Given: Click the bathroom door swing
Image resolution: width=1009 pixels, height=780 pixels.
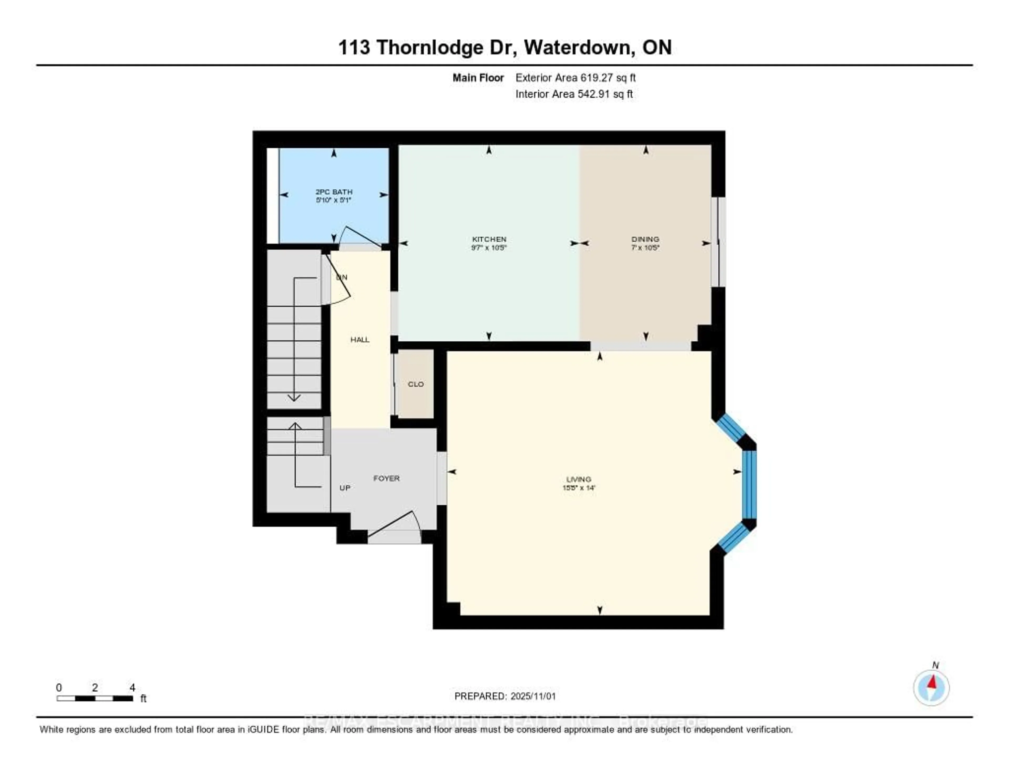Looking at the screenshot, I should [x=360, y=237].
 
